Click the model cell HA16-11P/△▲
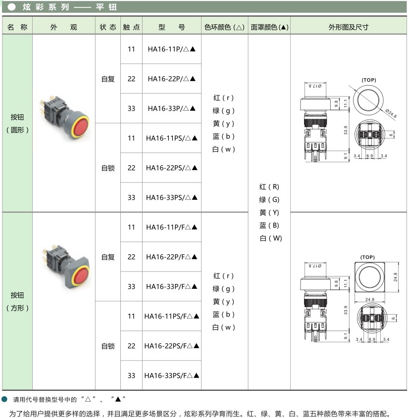[x=171, y=49]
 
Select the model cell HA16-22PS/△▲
[x=171, y=168]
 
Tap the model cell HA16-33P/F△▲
[x=171, y=286]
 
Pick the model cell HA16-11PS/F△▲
[x=171, y=316]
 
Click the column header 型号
[x=171, y=27]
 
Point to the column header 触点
[x=131, y=27]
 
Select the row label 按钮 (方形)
[x=17, y=301]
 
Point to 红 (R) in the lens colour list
[x=269, y=187]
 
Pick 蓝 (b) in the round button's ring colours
[x=224, y=137]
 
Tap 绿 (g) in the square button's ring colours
[x=224, y=289]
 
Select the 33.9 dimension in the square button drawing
[x=345, y=309]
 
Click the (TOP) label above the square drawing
[x=367, y=257]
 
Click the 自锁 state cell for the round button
[x=108, y=168]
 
